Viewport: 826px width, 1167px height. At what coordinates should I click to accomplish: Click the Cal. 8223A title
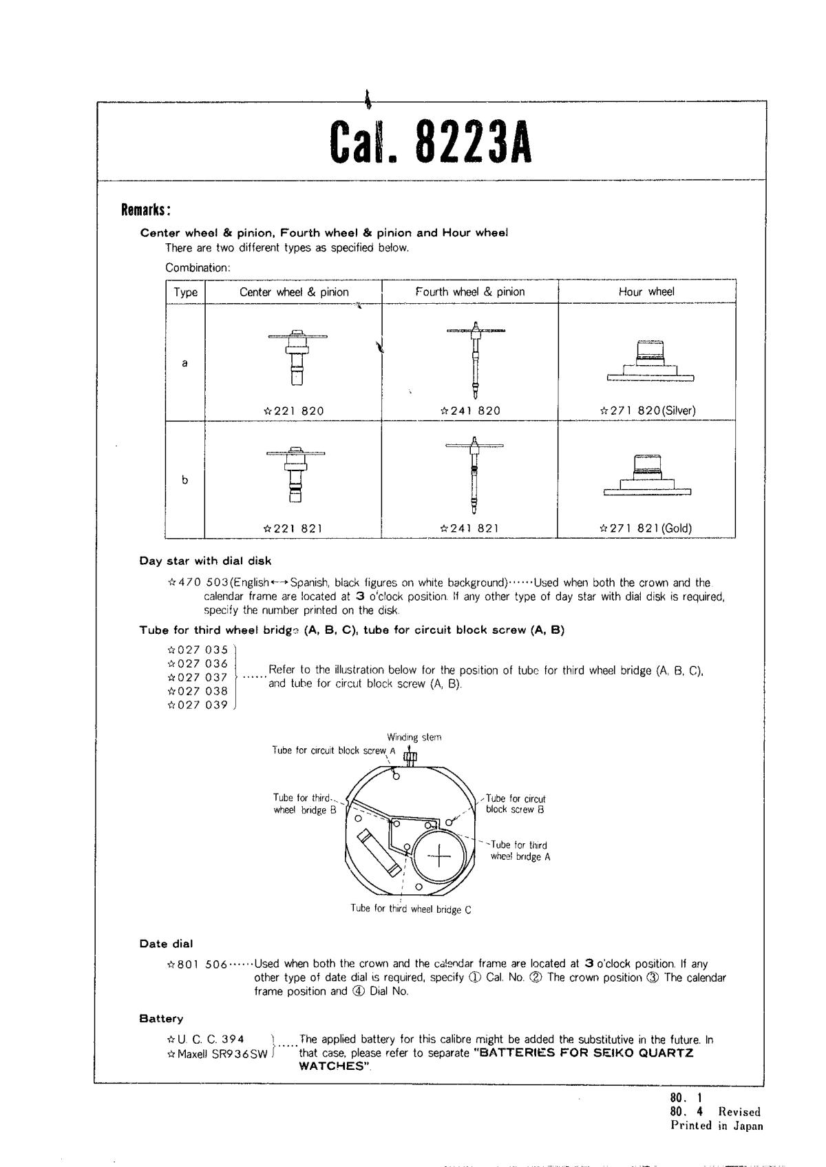point(431,142)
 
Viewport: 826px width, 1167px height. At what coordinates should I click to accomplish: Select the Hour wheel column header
point(646,291)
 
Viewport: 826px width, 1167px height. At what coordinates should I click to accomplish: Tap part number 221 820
point(294,411)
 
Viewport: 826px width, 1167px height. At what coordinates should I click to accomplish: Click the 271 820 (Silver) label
point(648,411)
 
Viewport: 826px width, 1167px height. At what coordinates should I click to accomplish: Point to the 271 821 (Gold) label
point(646,529)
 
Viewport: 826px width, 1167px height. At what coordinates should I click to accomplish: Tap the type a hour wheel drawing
point(650,360)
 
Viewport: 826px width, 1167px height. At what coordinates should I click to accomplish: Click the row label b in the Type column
point(184,480)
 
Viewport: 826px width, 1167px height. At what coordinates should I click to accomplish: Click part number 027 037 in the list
point(198,677)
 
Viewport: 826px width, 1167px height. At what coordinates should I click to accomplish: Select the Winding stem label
point(414,737)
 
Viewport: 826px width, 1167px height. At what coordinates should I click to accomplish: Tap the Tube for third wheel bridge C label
point(411,909)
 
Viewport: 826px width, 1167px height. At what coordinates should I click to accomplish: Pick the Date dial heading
point(166,944)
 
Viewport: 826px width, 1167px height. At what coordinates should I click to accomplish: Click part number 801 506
point(198,964)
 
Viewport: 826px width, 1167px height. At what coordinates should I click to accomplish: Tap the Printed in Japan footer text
point(717,1126)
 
